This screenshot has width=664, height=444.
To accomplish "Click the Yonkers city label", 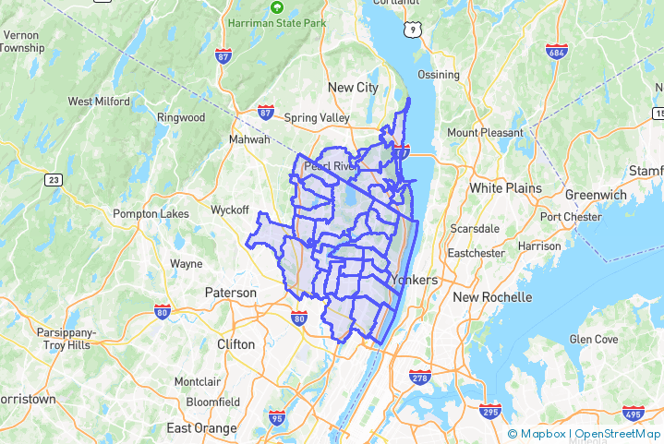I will pyautogui.click(x=413, y=280).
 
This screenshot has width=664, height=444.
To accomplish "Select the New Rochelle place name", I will pyautogui.click(x=492, y=297).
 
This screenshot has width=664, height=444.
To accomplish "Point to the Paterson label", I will pyautogui.click(x=230, y=293).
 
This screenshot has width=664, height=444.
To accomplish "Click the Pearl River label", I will pyautogui.click(x=331, y=166).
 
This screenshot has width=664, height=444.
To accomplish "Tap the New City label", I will pyautogui.click(x=354, y=88).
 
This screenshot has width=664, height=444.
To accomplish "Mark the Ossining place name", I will pyautogui.click(x=438, y=75).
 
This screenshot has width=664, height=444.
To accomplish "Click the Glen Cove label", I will pyautogui.click(x=593, y=340).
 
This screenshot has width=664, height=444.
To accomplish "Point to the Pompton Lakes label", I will pyautogui.click(x=151, y=214).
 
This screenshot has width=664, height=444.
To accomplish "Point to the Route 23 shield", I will pyautogui.click(x=54, y=179).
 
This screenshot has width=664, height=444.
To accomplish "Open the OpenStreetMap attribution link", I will pyautogui.click(x=618, y=434).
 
